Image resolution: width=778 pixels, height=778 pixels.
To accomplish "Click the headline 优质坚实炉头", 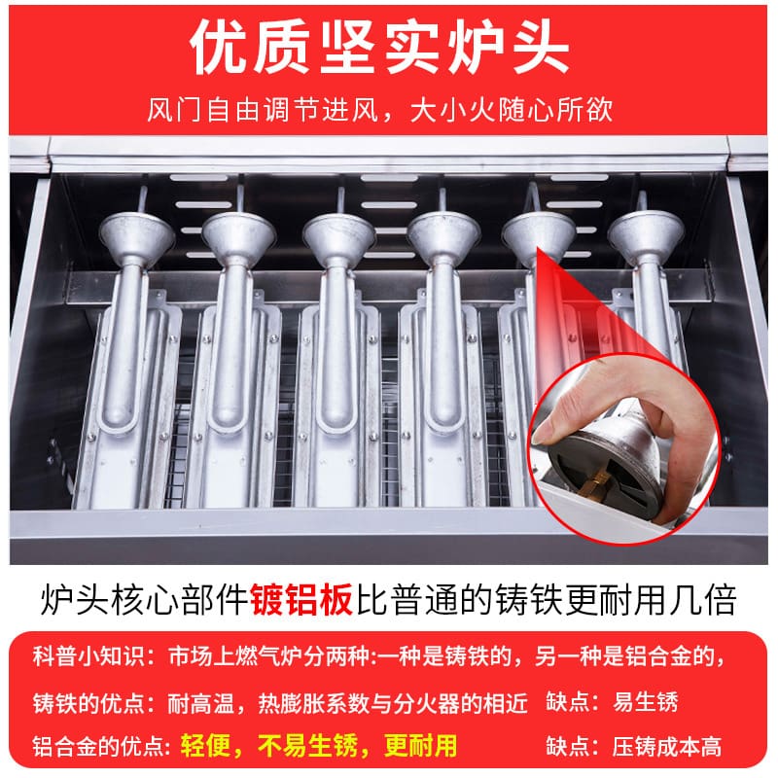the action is (x=379, y=48).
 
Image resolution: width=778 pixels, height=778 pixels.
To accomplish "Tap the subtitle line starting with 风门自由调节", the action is (x=379, y=109).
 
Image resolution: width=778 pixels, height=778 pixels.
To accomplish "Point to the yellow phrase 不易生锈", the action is (x=307, y=745).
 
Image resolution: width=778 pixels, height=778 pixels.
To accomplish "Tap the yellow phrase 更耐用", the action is (x=421, y=745).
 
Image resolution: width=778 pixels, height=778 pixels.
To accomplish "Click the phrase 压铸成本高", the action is (x=666, y=746).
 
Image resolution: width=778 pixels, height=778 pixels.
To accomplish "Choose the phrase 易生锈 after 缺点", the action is (x=645, y=702).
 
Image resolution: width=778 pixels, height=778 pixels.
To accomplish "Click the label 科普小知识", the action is (x=88, y=655).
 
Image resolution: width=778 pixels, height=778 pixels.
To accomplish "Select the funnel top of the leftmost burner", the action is (x=137, y=233).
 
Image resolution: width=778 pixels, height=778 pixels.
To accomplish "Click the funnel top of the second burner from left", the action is (x=238, y=233).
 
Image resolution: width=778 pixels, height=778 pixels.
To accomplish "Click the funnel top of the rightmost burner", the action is (x=646, y=232).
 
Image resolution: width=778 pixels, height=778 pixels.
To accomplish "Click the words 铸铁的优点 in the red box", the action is (x=88, y=702).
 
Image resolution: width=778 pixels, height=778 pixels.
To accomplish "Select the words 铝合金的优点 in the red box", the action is (x=99, y=746).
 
